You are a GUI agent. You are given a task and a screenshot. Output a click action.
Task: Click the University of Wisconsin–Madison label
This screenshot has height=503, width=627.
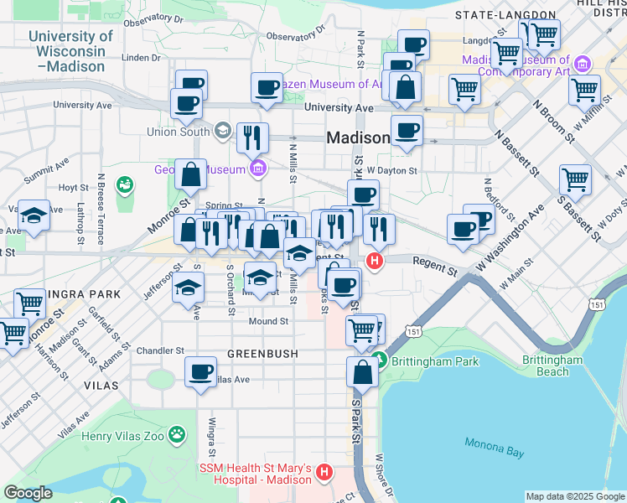point(70,51)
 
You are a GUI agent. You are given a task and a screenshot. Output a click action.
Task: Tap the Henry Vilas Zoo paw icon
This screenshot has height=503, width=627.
point(177,434)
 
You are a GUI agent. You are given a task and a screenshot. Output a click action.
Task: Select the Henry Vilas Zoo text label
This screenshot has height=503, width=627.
point(123,435)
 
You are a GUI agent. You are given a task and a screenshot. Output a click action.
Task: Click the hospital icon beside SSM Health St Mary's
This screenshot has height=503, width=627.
point(325,474)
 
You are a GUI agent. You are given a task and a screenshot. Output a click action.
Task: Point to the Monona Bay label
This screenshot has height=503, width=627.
point(493,451)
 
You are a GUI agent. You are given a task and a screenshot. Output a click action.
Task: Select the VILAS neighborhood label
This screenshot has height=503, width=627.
point(101,384)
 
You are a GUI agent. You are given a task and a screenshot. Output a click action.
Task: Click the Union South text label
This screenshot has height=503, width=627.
point(179,132)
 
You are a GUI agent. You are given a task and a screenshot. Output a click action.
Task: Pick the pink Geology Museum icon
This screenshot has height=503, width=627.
point(257,169)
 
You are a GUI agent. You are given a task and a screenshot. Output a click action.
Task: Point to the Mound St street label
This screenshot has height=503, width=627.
point(268,321)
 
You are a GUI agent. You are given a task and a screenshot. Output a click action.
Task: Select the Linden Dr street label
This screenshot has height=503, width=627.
point(141,58)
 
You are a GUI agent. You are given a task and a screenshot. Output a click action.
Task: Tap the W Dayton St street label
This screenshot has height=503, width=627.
point(392,171)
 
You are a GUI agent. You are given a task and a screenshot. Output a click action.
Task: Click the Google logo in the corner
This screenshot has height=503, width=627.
point(28,493)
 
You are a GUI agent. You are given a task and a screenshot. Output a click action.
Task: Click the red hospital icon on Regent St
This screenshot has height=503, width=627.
point(376,262)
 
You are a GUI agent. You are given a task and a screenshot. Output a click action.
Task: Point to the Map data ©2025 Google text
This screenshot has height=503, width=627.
point(574,496)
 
